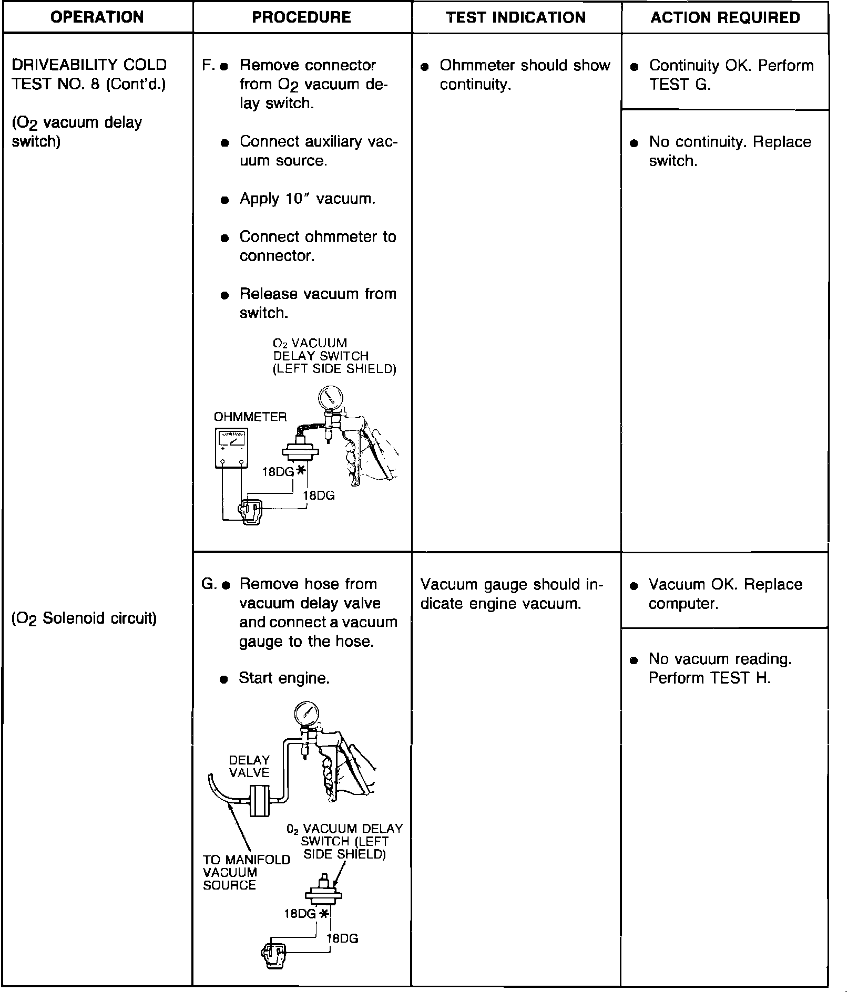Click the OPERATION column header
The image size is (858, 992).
point(97,17)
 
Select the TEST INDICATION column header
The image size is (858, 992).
point(516,17)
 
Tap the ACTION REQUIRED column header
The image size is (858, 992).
point(725,17)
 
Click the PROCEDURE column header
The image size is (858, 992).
point(302,17)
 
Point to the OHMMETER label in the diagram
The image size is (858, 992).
point(250,417)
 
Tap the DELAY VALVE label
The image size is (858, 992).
point(249,766)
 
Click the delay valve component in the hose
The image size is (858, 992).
point(259,801)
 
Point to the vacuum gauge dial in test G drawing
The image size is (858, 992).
point(307,714)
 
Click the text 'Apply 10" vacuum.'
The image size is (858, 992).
point(308,199)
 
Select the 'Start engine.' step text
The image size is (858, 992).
point(284,678)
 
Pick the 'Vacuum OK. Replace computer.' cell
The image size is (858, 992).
point(725,594)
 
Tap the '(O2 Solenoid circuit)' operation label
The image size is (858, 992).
point(84,618)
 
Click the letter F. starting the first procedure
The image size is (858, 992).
point(207,66)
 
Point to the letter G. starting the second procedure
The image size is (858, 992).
point(208,584)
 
